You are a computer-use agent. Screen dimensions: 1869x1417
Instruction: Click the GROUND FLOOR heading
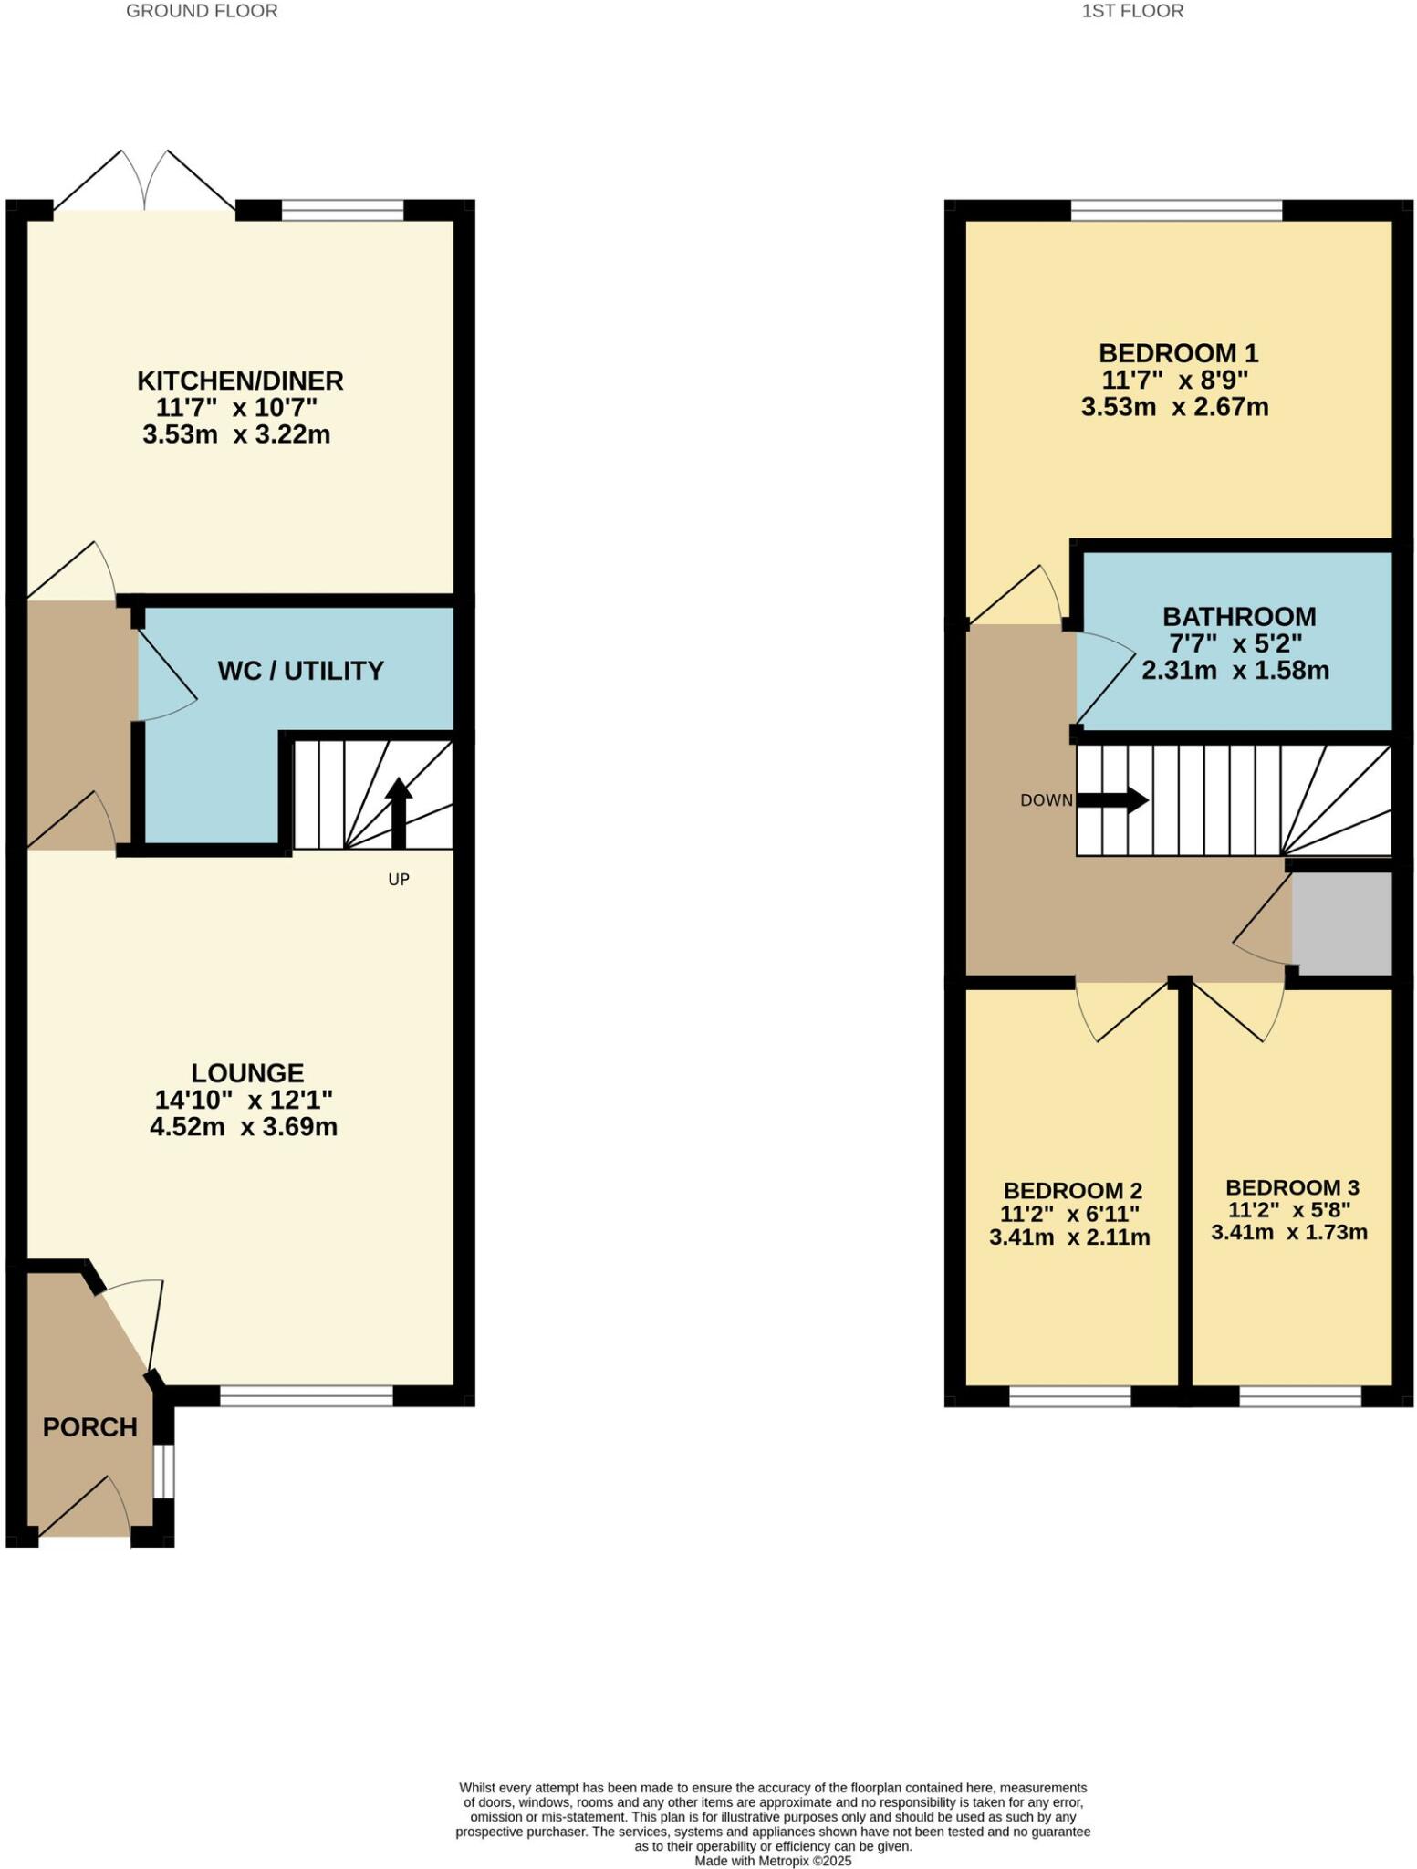pos(202,12)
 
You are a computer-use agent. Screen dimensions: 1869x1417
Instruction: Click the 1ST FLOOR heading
pos(1132,12)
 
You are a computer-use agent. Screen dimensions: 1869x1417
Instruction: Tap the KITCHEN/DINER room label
pos(240,380)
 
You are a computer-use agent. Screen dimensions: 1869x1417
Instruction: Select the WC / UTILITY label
pos(300,671)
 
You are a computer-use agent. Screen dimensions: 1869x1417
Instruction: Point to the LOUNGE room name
pos(246,1072)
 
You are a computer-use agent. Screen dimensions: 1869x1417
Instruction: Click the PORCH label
pos(89,1426)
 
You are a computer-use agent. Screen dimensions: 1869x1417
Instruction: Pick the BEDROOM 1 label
pos(1178,352)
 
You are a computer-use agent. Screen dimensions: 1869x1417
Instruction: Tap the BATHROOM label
pos(1238,616)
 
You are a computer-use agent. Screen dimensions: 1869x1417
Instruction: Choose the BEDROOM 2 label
pos(1072,1190)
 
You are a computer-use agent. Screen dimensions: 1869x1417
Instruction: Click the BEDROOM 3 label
pos(1292,1187)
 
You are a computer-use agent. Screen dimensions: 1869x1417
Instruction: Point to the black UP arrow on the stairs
pos(399,809)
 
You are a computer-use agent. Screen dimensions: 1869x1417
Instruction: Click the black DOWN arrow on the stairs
pos(1113,800)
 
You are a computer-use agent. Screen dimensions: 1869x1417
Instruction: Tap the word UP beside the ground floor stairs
pos(399,880)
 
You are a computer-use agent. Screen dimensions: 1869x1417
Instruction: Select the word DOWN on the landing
pos(1046,800)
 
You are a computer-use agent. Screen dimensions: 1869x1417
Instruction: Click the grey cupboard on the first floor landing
pos(1341,924)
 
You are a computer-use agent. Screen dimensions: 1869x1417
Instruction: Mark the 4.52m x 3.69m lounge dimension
pos(244,1127)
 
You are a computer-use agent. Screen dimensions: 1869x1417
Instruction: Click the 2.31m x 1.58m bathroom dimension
pos(1235,671)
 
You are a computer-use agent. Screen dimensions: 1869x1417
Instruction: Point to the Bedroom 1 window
pos(1176,211)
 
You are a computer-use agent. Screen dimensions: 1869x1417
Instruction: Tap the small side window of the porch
pos(163,1470)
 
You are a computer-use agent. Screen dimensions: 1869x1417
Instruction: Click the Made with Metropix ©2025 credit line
pos(773,1860)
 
